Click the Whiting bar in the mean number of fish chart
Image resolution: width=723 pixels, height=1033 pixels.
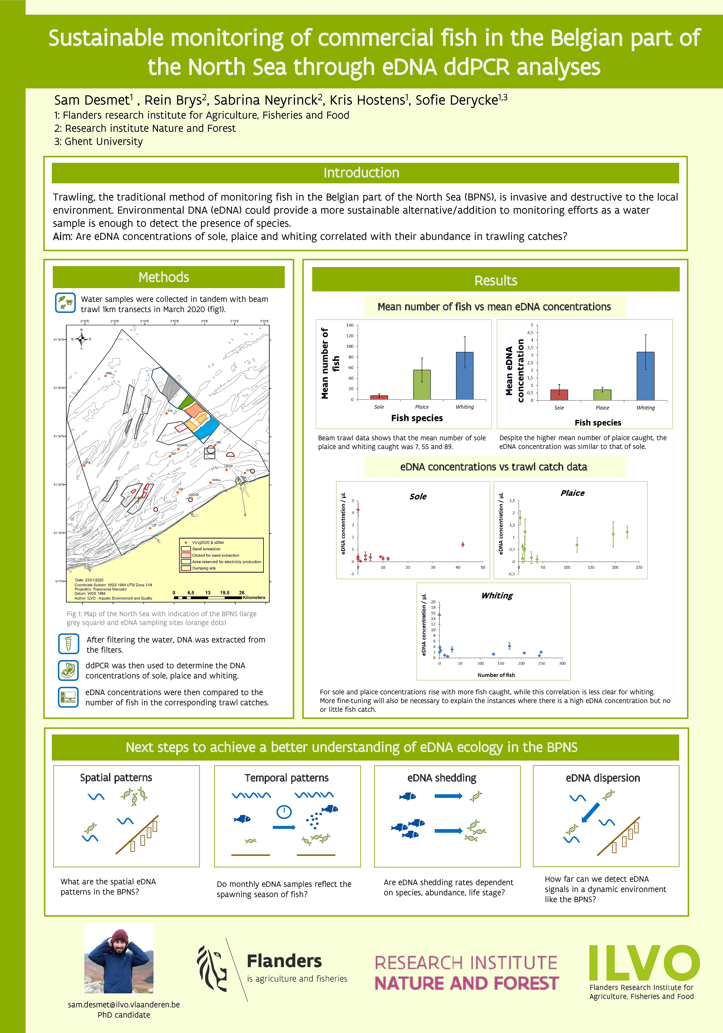click(x=464, y=376)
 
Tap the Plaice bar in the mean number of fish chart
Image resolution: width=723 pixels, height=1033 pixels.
click(x=422, y=385)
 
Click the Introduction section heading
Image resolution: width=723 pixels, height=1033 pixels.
click(x=361, y=173)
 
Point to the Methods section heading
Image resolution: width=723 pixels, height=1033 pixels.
click(x=164, y=277)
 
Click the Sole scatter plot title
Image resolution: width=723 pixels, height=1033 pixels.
click(x=418, y=496)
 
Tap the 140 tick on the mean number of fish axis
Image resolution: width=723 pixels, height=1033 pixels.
click(x=350, y=325)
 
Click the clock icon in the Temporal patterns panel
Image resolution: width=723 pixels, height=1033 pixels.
click(x=284, y=812)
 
